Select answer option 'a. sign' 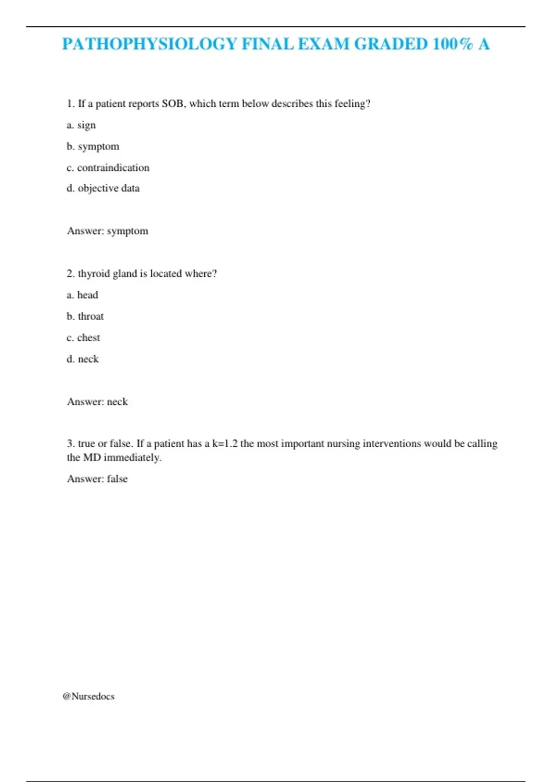click(x=81, y=125)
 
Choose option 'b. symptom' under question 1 click(x=93, y=146)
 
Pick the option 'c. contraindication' click(x=108, y=167)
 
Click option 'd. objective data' click(x=103, y=188)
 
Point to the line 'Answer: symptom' click(x=108, y=231)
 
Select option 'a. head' click(x=82, y=295)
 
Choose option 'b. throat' click(x=85, y=316)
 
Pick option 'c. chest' click(x=83, y=338)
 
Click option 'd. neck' click(x=83, y=359)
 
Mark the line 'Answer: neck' click(x=98, y=402)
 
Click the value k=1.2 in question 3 click(x=225, y=443)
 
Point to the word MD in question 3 click(x=92, y=458)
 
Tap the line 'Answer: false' click(x=98, y=479)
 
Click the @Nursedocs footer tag click(x=89, y=696)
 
